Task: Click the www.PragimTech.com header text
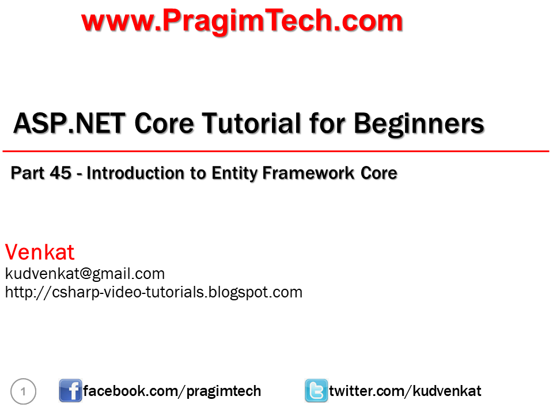[242, 21]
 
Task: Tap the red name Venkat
[40, 252]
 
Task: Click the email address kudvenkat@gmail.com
[85, 274]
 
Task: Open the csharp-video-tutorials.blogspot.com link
[154, 292]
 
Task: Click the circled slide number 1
[24, 393]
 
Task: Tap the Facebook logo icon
[70, 391]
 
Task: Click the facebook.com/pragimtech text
[172, 391]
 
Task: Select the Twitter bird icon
[316, 391]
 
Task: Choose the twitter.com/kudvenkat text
[405, 391]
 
